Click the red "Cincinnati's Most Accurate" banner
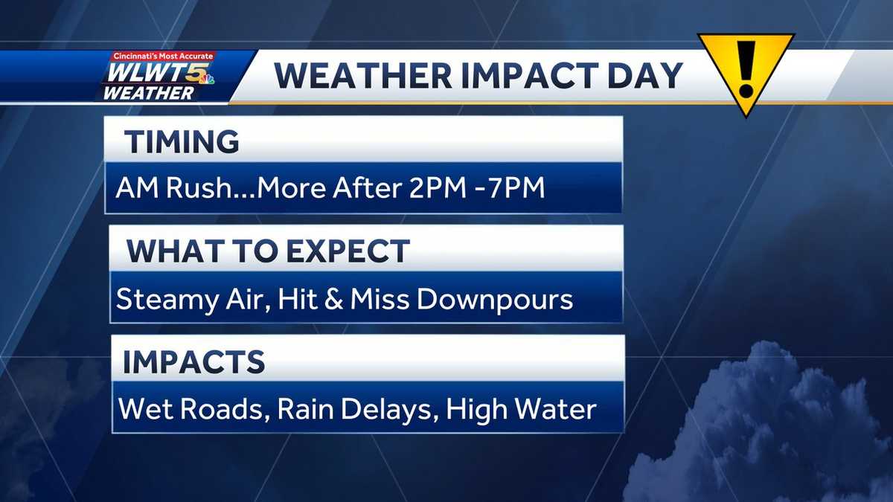click(163, 57)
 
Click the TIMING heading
click(182, 141)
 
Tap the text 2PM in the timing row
click(438, 187)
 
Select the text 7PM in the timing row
click(516, 187)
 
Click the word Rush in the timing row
click(197, 187)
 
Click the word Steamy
click(167, 300)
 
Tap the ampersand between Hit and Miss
click(333, 299)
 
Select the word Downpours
click(494, 300)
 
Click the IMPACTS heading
click(193, 362)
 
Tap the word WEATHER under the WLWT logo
click(149, 93)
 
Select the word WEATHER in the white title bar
click(363, 76)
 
